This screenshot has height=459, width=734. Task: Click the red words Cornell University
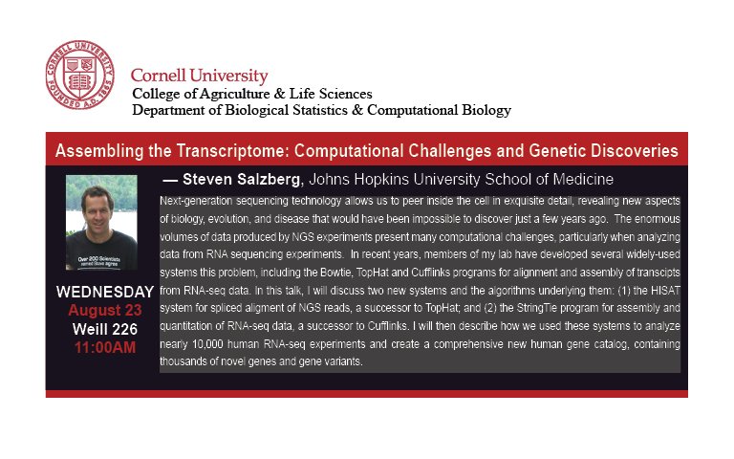coord(199,76)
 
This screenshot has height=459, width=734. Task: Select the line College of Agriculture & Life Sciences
coord(251,94)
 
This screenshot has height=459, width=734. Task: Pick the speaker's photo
coord(101,222)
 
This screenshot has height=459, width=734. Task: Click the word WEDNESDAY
coord(104,292)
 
